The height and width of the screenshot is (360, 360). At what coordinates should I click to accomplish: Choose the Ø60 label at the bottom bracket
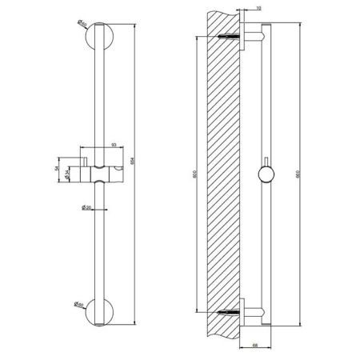tap(82, 304)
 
